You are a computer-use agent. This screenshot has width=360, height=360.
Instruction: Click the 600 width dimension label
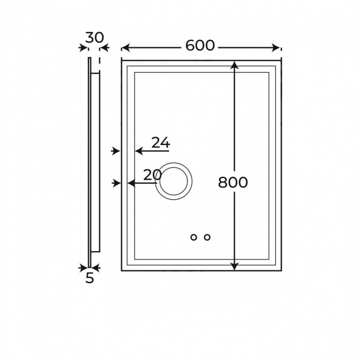(x=200, y=46)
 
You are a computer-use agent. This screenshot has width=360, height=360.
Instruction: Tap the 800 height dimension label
(x=233, y=182)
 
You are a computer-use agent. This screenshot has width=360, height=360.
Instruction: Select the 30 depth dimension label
(x=95, y=38)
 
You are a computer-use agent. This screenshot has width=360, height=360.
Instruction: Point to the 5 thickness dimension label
(x=90, y=278)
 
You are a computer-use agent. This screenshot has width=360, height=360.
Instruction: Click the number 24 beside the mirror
(x=161, y=143)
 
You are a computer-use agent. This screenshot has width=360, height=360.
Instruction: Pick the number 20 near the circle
(x=152, y=175)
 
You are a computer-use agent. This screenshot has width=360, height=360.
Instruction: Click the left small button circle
(x=193, y=238)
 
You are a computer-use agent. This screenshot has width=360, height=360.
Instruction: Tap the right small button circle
(x=207, y=238)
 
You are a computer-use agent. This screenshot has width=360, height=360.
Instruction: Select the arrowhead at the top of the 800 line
(x=234, y=65)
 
